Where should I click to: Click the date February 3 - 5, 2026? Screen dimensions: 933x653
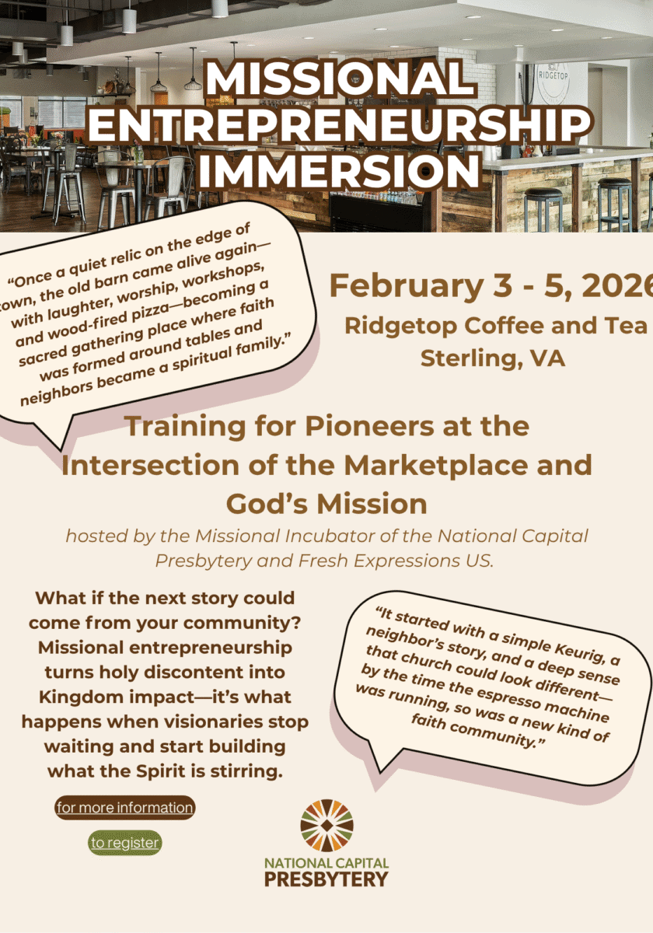(x=490, y=286)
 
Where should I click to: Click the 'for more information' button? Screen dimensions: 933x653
(x=124, y=808)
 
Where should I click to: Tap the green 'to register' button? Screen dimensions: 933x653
(x=124, y=842)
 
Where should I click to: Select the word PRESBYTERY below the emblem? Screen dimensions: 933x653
(x=326, y=879)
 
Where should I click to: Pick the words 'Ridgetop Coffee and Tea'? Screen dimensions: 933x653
(x=496, y=325)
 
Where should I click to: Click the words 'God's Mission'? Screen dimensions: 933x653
(x=326, y=503)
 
